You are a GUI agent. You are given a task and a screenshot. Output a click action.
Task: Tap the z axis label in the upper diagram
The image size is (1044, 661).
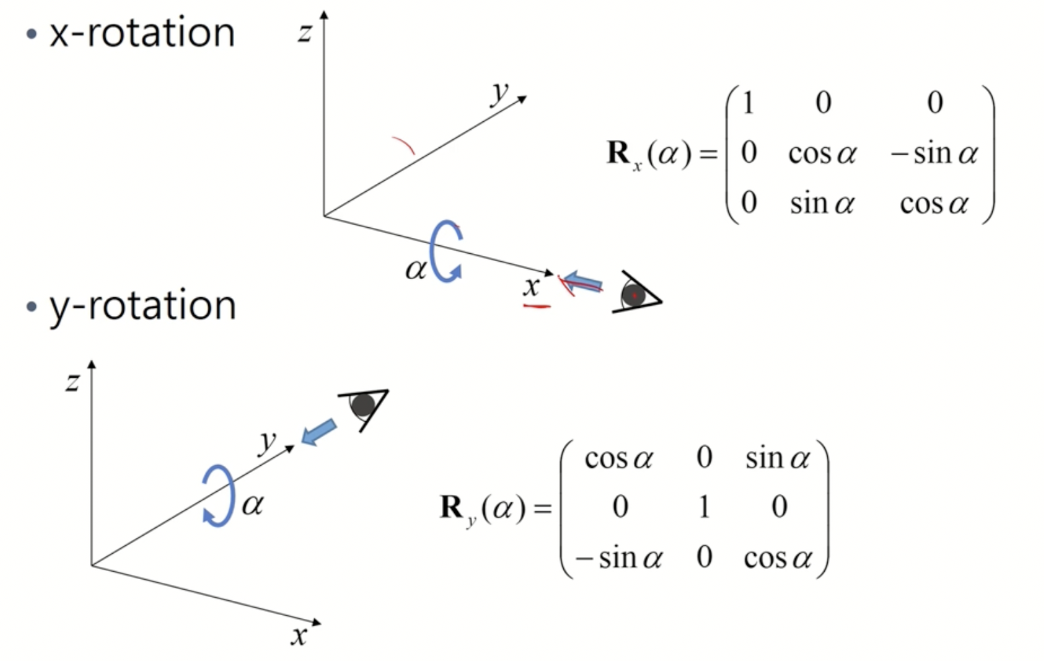tap(305, 32)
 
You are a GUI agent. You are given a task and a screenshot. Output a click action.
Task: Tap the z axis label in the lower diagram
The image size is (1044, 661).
tap(72, 382)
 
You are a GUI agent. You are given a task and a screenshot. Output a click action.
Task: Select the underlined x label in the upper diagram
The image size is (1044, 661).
tap(531, 287)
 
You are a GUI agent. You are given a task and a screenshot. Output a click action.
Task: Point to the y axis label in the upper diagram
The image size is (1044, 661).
tap(499, 93)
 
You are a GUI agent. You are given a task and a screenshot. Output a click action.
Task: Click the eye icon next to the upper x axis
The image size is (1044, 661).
tap(635, 293)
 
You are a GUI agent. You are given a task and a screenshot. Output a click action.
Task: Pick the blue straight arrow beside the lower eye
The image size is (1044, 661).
tap(319, 432)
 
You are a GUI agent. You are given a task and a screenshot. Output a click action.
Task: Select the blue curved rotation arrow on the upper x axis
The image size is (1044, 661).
tap(445, 252)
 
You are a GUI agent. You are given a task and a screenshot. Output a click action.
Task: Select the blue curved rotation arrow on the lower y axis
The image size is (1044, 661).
tap(219, 496)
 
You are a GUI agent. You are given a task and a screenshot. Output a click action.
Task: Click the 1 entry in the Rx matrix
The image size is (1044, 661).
tap(748, 103)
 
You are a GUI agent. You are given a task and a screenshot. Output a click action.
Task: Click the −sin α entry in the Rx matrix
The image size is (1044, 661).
tap(934, 154)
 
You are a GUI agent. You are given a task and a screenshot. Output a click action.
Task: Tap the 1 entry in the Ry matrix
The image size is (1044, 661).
tap(703, 507)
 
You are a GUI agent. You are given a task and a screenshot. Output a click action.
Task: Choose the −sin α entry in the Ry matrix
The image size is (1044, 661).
tap(619, 558)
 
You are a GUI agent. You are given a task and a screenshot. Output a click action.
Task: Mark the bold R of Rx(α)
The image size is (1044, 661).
tap(618, 153)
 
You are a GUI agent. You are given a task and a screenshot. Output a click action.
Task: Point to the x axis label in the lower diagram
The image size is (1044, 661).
tap(299, 635)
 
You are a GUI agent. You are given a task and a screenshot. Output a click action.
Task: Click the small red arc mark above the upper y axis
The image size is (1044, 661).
tap(403, 145)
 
